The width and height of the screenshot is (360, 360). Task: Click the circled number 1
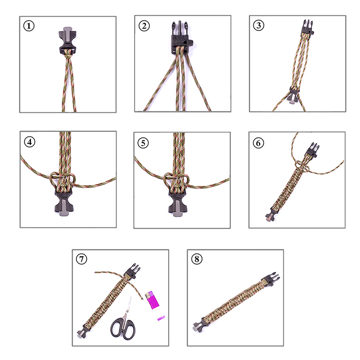pos(29,26)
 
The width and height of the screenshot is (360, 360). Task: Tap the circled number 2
pos(144,26)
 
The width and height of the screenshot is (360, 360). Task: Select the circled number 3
pos(258,25)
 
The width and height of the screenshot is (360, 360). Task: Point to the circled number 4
pos(30,142)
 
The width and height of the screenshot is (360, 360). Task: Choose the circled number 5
pos(143,143)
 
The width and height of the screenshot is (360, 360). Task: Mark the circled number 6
pos(258,143)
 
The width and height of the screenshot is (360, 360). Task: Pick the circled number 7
pos(81,259)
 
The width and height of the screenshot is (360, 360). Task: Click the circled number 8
pos(197,259)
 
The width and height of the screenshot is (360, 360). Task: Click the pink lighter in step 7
pos(152,300)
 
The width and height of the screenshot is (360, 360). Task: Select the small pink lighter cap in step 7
pos(161,318)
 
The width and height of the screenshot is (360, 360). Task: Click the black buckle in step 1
pos(67,40)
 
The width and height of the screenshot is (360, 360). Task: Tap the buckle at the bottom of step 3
pos(293,96)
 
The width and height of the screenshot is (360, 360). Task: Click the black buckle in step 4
pos(64,202)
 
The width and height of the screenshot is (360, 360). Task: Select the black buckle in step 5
pos(178,202)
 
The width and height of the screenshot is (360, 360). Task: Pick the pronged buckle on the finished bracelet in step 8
pos(271,279)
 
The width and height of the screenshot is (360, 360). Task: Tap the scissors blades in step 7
pos(127,309)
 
